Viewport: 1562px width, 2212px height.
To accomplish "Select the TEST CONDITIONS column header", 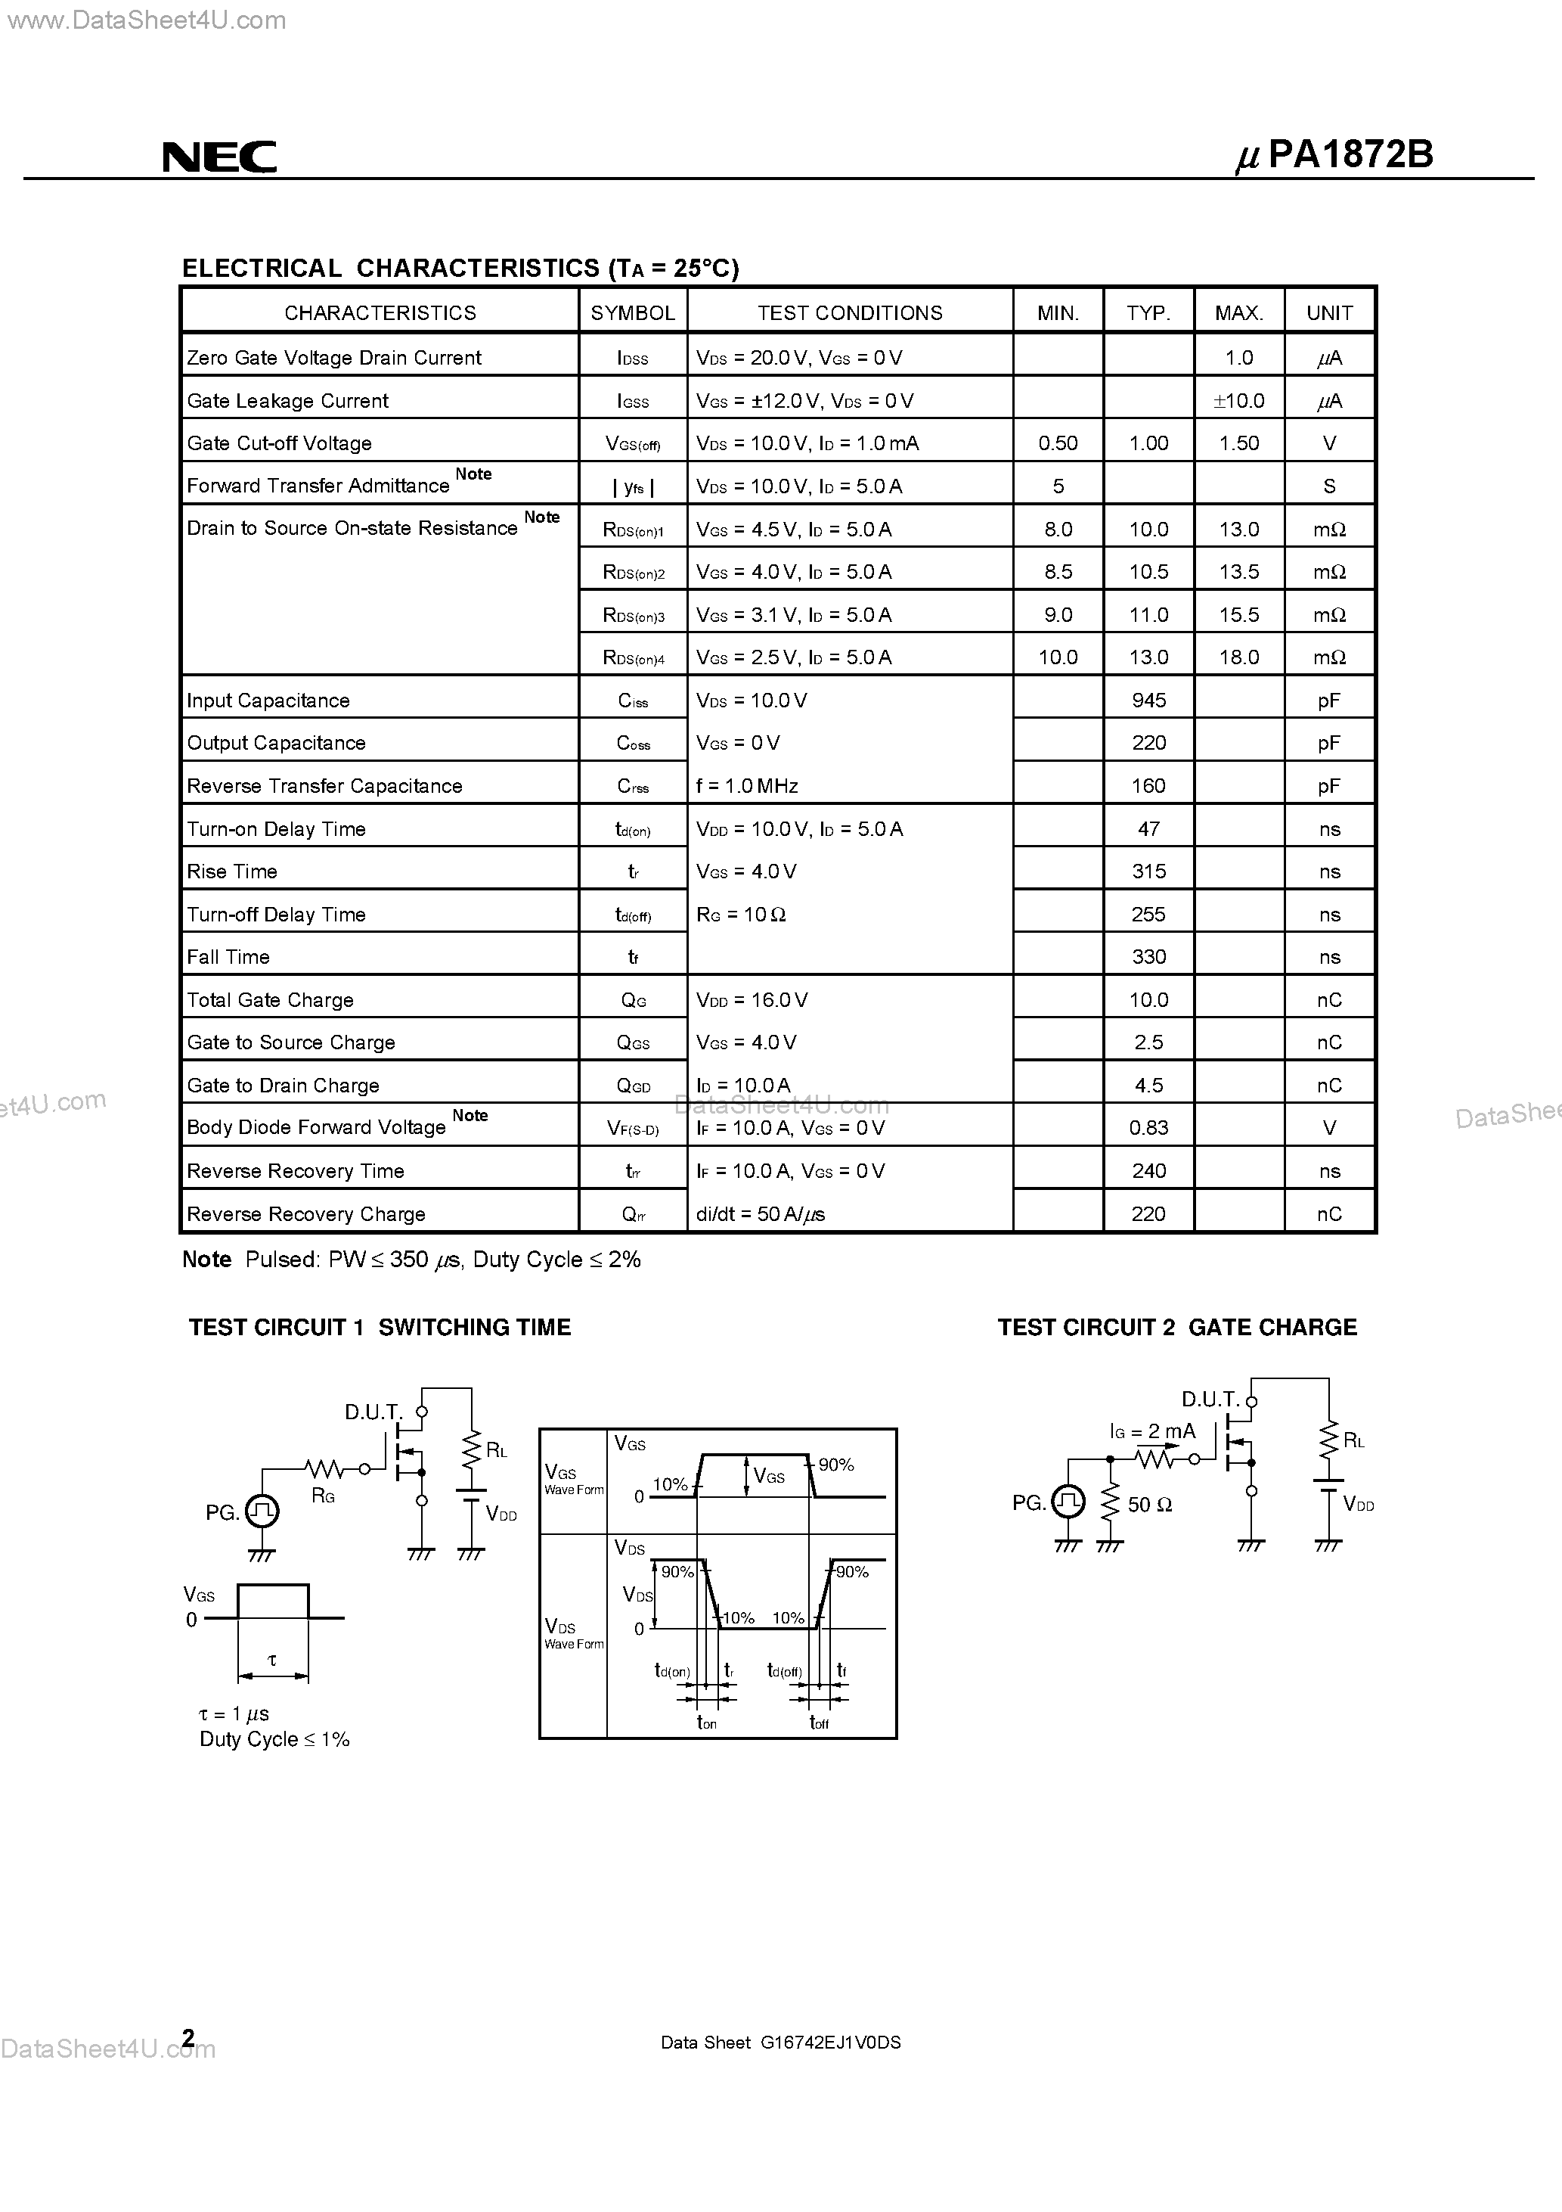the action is (x=849, y=313).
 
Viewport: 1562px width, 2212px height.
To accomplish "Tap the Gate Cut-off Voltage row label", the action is (x=279, y=443).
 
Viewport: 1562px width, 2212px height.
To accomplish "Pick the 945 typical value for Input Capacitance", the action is (x=1149, y=701).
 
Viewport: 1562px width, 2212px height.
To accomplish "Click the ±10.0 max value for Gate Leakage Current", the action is (x=1238, y=401).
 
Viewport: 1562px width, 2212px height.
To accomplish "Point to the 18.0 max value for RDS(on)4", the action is (x=1238, y=657).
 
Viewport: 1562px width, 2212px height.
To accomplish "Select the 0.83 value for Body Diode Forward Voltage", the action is (x=1149, y=1128).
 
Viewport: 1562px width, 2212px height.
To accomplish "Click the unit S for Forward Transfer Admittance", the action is (x=1329, y=486).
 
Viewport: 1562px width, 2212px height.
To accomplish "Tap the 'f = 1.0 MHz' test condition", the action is (x=747, y=786).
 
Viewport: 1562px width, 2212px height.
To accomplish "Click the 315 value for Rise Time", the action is (x=1149, y=872).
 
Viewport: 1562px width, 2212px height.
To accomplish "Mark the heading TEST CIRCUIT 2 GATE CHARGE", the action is (x=1177, y=1328).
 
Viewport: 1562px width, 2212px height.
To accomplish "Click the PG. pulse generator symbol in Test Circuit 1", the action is (x=262, y=1511).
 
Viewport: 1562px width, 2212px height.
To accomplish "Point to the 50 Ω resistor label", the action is (x=1149, y=1505).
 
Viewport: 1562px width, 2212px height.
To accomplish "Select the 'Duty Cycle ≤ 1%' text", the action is (x=274, y=1740).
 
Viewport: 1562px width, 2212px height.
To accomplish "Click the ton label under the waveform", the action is (x=706, y=1723).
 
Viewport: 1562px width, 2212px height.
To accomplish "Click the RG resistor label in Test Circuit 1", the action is (x=323, y=1496).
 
